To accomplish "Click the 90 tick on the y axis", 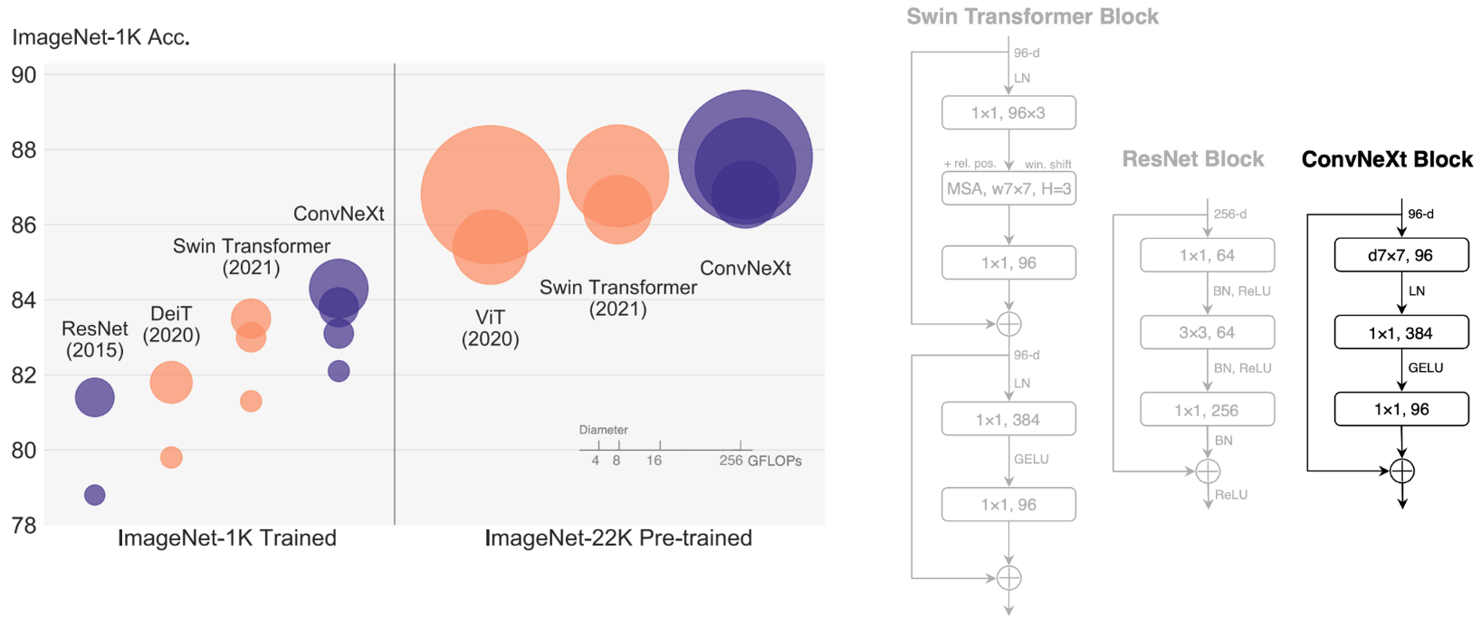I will point(24,75).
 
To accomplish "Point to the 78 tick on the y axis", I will point(24,525).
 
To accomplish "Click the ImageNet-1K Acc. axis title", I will point(100,38).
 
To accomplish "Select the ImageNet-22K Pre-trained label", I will point(618,538).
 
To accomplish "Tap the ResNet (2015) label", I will point(95,339).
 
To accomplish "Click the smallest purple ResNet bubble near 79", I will point(95,495).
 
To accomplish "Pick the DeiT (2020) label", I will point(171,324).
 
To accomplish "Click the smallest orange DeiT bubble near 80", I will point(171,457).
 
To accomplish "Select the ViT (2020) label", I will point(490,328).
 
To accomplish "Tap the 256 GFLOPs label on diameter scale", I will point(760,461).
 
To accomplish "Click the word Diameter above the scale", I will point(603,430).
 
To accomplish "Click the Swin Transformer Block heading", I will point(1032,16).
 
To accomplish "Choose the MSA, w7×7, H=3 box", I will point(1008,189).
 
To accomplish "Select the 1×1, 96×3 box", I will point(1008,113).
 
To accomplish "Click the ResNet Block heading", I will point(1192,159).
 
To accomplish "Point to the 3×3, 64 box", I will point(1207,333).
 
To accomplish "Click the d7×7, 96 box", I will point(1400,255).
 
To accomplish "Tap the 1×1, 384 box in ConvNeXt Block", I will point(1400,333).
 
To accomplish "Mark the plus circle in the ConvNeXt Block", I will point(1401,471).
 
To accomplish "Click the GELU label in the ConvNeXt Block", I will point(1426,368).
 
